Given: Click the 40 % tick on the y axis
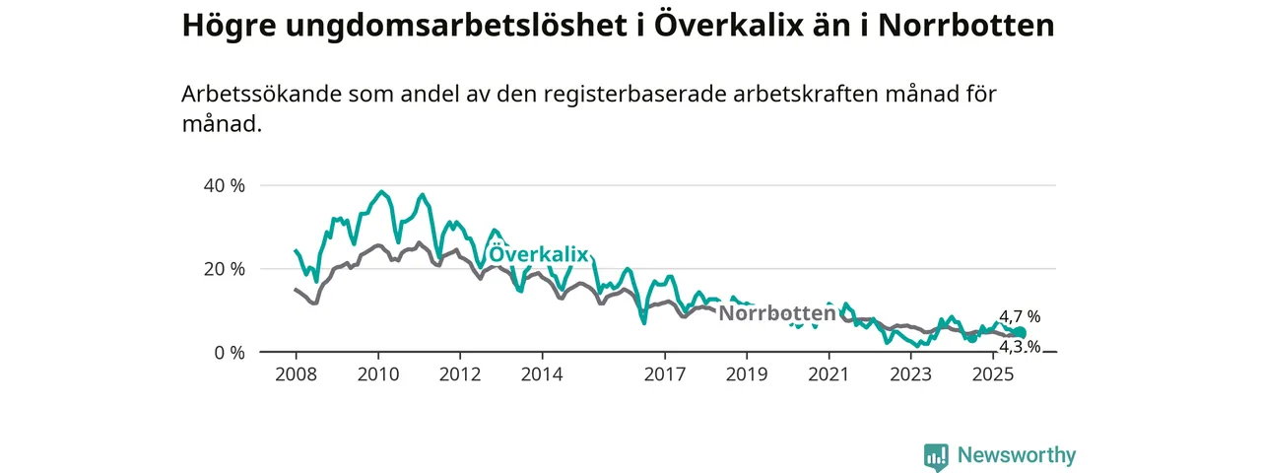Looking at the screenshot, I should tap(224, 185).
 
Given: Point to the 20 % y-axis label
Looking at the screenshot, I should tap(224, 269).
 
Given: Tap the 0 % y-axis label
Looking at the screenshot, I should tap(229, 352).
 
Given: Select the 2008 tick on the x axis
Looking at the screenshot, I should tap(296, 374).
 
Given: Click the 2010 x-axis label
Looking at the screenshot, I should tap(377, 374).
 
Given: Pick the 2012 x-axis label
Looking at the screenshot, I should tap(459, 374).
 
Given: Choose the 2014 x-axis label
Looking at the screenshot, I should tap(541, 374).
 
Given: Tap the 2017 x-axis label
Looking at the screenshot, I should tap(664, 374).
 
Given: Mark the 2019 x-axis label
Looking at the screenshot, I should tap(746, 374).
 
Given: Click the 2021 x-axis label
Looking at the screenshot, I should tap(829, 374).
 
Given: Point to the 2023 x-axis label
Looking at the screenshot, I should tap(910, 374).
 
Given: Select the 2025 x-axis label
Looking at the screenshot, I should tap(993, 374).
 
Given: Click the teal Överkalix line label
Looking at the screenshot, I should tap(539, 255).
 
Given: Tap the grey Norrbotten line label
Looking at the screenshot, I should tap(777, 313).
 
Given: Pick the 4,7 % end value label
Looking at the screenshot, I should tap(1020, 317).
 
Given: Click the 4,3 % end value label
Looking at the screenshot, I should tap(1020, 346).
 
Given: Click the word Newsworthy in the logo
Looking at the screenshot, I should tap(1017, 455).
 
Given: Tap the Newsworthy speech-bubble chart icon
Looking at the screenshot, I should tap(936, 456).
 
